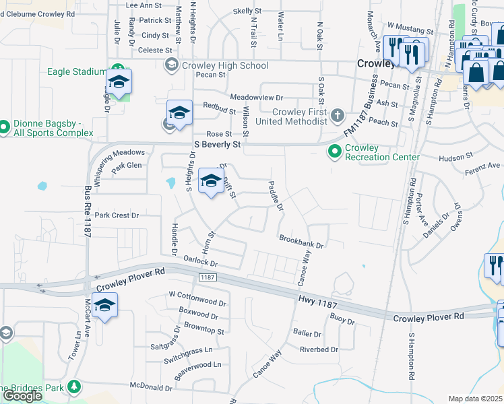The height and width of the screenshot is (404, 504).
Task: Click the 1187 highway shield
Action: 207,277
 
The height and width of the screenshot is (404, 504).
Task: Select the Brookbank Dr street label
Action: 302,241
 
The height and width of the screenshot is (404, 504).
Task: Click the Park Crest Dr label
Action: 116,215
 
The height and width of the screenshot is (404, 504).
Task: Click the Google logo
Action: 22,396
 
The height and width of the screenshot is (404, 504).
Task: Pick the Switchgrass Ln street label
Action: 189,350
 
